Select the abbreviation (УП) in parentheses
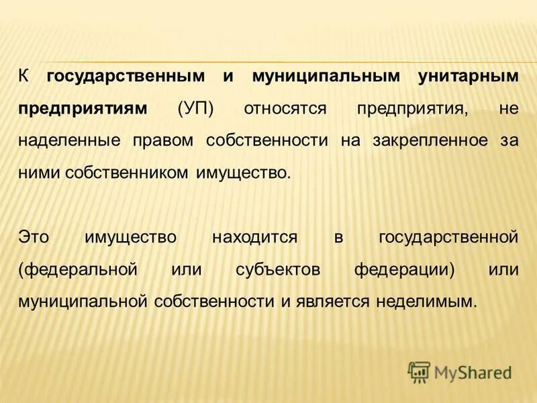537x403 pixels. coord(195,109)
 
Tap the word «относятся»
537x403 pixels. coord(283,109)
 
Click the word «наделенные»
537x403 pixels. coord(63,141)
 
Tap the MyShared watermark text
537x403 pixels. coord(473,371)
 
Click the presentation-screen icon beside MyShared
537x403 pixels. coord(419,371)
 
